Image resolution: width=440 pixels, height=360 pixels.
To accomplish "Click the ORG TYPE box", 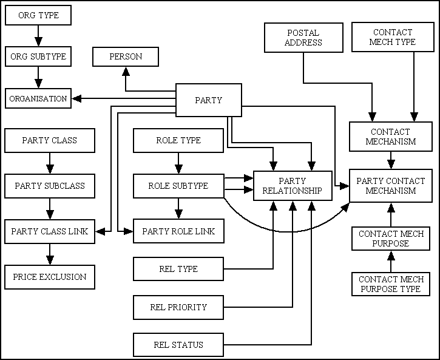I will pyautogui.click(x=38, y=15).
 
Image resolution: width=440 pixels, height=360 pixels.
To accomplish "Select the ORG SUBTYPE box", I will pyautogui.click(x=38, y=56).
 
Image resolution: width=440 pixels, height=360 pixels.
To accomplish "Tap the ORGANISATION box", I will pyautogui.click(x=38, y=98).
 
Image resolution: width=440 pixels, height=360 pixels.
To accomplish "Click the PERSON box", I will pyautogui.click(x=126, y=56).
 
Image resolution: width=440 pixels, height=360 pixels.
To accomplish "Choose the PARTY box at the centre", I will pyautogui.click(x=208, y=100).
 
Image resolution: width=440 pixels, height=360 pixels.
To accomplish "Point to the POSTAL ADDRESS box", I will pyautogui.click(x=303, y=38).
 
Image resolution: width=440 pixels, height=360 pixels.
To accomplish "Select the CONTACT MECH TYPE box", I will pyautogui.click(x=393, y=37).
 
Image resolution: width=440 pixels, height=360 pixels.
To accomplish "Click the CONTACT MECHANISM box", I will pyautogui.click(x=391, y=137).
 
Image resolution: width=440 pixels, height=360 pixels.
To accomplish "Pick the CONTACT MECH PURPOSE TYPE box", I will pyautogui.click(x=391, y=284).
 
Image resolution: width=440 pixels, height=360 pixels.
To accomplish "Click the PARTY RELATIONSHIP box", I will pyautogui.click(x=292, y=186).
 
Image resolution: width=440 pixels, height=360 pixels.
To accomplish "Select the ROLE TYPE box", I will pyautogui.click(x=178, y=140).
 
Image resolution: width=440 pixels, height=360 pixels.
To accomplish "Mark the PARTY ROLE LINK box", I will pyautogui.click(x=178, y=231).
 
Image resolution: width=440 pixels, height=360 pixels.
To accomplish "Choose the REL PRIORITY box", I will pyautogui.click(x=178, y=307).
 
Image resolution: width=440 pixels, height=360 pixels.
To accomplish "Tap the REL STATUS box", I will pyautogui.click(x=178, y=345).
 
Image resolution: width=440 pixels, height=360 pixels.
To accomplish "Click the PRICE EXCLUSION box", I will pyautogui.click(x=50, y=277).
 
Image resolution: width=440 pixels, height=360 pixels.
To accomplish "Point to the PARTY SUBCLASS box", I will pyautogui.click(x=50, y=186).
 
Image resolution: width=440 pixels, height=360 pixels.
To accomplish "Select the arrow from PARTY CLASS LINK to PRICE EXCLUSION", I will pyautogui.click(x=50, y=254).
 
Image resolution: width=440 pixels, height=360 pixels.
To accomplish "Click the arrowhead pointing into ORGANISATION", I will pyautogui.click(x=75, y=98).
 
